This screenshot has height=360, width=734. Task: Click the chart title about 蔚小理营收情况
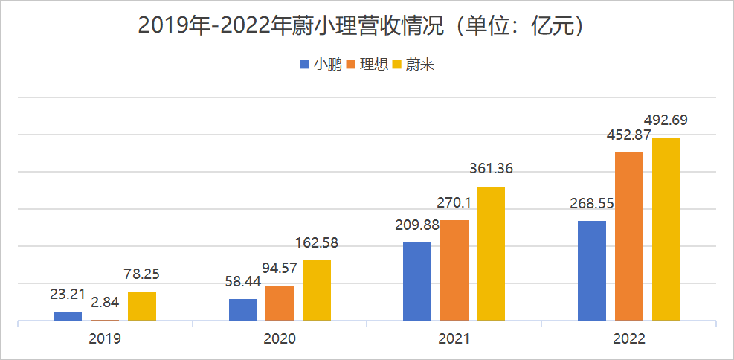(x=366, y=26)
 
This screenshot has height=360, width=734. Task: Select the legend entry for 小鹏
(x=321, y=65)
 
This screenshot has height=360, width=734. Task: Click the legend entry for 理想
(x=367, y=65)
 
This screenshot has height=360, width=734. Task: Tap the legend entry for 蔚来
(x=413, y=65)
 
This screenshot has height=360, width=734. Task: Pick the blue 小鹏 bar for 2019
(x=68, y=317)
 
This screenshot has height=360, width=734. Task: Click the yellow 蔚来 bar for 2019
(x=142, y=306)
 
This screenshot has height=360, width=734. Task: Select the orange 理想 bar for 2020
(x=280, y=303)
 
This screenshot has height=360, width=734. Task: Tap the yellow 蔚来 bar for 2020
(x=317, y=291)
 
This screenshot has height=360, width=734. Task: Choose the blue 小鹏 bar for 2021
(x=417, y=282)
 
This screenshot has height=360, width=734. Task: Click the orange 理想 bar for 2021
(x=454, y=271)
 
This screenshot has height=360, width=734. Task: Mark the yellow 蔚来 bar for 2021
(x=492, y=254)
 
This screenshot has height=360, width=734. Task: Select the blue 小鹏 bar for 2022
(x=592, y=271)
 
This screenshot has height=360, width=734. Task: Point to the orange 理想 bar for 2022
(x=629, y=237)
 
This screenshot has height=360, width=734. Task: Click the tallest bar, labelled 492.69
(x=666, y=229)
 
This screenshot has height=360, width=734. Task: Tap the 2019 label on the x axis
(x=105, y=338)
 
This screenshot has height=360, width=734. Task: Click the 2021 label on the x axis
(x=454, y=338)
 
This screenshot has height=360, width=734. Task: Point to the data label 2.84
(x=105, y=303)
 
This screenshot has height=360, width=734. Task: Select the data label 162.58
(x=316, y=243)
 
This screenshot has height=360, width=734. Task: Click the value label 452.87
(x=628, y=135)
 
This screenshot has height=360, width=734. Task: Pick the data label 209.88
(x=416, y=225)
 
